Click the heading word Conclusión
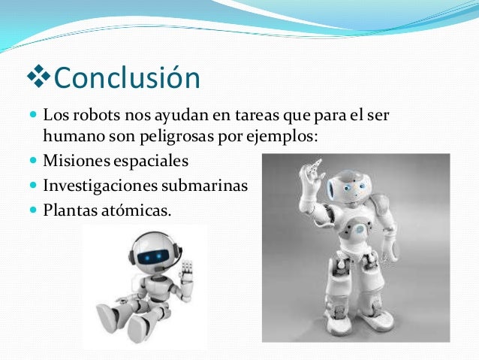(x=128, y=77)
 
